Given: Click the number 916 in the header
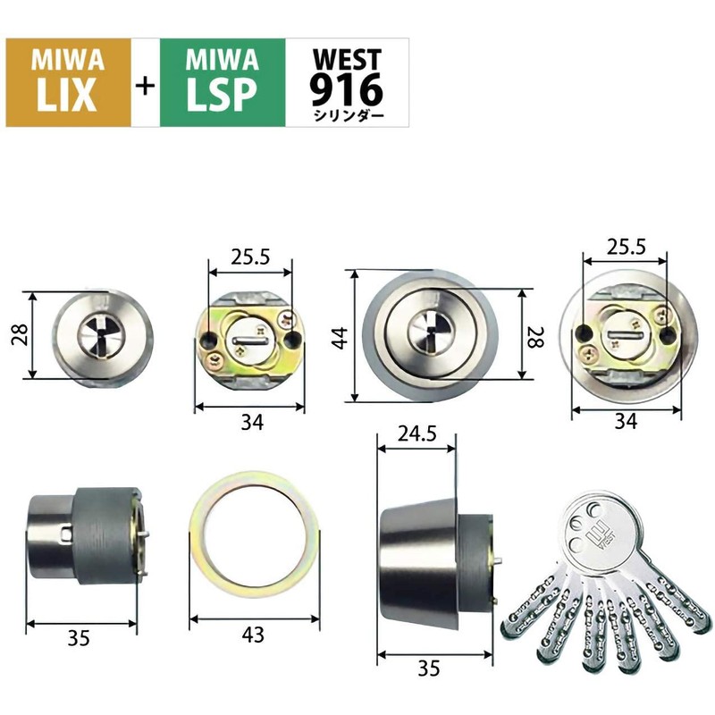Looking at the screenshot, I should tap(345, 88).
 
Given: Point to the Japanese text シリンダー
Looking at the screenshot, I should tap(345, 115).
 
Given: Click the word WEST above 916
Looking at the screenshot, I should tap(345, 58).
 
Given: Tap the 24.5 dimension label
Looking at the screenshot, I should tap(417, 435).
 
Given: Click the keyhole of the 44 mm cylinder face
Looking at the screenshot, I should tap(426, 333).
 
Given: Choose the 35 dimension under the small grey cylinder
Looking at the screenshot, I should tap(82, 637).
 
